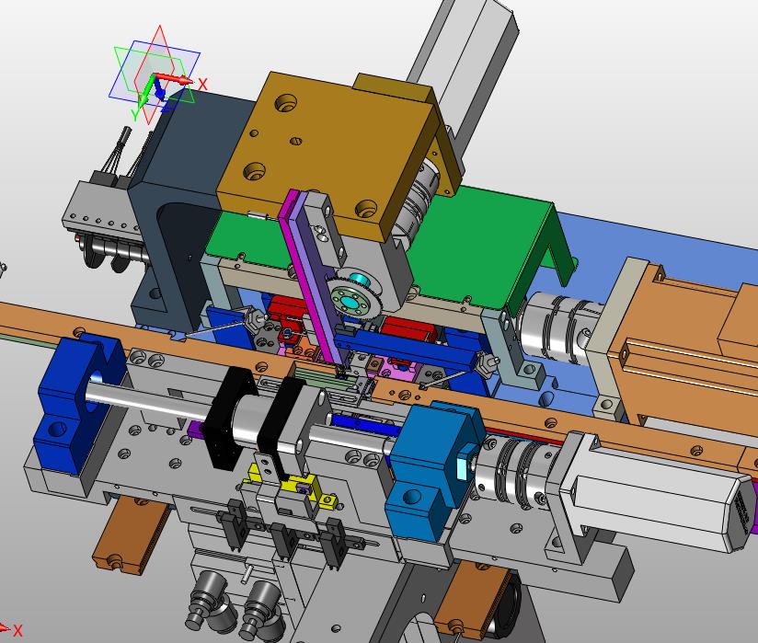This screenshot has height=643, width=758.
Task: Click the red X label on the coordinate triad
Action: [x=202, y=85]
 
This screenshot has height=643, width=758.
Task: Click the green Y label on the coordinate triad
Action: [x=135, y=115]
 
